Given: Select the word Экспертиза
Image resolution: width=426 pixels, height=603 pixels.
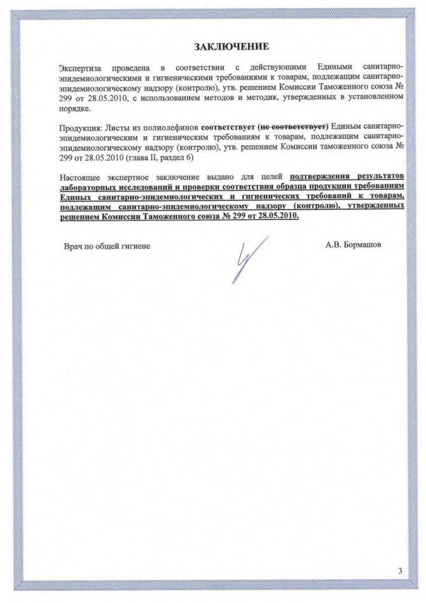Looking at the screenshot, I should pos(80,67).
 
